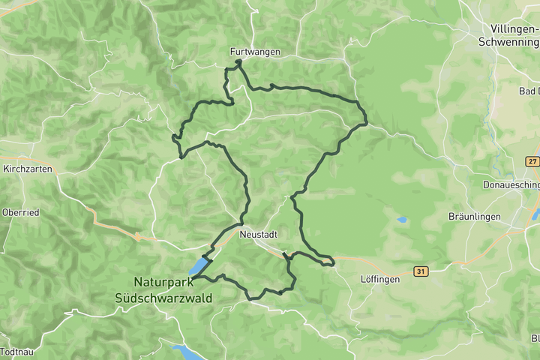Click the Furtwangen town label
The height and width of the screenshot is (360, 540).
[256, 52]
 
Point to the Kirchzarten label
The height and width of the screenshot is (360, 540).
[28, 169]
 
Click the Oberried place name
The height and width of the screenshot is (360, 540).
[20, 212]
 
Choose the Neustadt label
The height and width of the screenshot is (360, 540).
[259, 234]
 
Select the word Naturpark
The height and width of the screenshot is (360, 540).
[163, 282]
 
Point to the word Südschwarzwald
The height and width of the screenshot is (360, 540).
[163, 298]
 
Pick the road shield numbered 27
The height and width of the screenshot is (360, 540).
[532, 161]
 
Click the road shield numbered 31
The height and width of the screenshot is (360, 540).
[421, 271]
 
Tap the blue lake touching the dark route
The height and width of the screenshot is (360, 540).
[198, 267]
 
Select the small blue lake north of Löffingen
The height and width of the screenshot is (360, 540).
[403, 220]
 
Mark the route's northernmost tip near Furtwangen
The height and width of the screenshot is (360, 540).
[238, 62]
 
